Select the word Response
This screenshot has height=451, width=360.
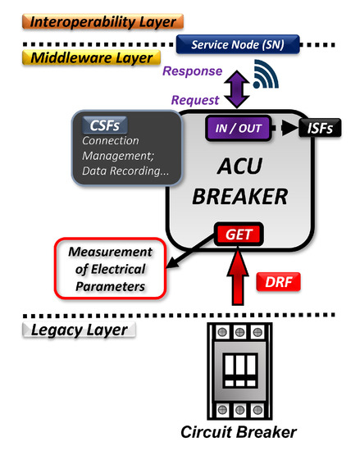coord(192,71)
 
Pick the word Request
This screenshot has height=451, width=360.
coord(195,100)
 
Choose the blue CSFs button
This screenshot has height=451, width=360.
coord(103,124)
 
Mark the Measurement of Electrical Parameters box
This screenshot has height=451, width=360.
coord(109,267)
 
